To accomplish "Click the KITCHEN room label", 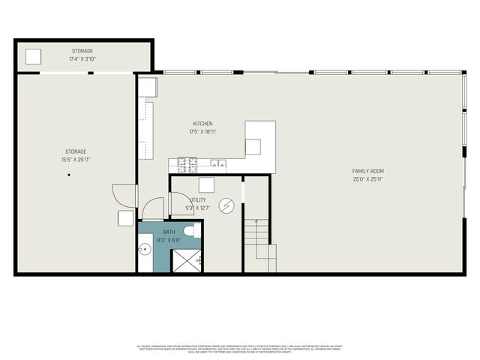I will click(x=202, y=124).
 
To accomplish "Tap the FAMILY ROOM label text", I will click(x=368, y=171).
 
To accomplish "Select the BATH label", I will click(x=169, y=232).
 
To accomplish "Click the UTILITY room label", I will click(x=198, y=200).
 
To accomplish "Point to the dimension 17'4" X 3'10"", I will click(x=82, y=59).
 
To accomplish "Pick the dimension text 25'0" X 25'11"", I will click(x=368, y=179).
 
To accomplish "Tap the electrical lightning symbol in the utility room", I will click(x=226, y=205).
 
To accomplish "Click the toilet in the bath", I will click(x=188, y=230).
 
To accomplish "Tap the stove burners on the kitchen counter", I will click(x=186, y=162).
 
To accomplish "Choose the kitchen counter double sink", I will click(x=217, y=163).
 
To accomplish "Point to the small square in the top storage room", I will click(x=34, y=57).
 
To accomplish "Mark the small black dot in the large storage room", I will click(x=68, y=175).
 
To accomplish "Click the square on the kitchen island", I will click(x=253, y=147).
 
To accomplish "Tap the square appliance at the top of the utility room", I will click(x=206, y=185).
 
